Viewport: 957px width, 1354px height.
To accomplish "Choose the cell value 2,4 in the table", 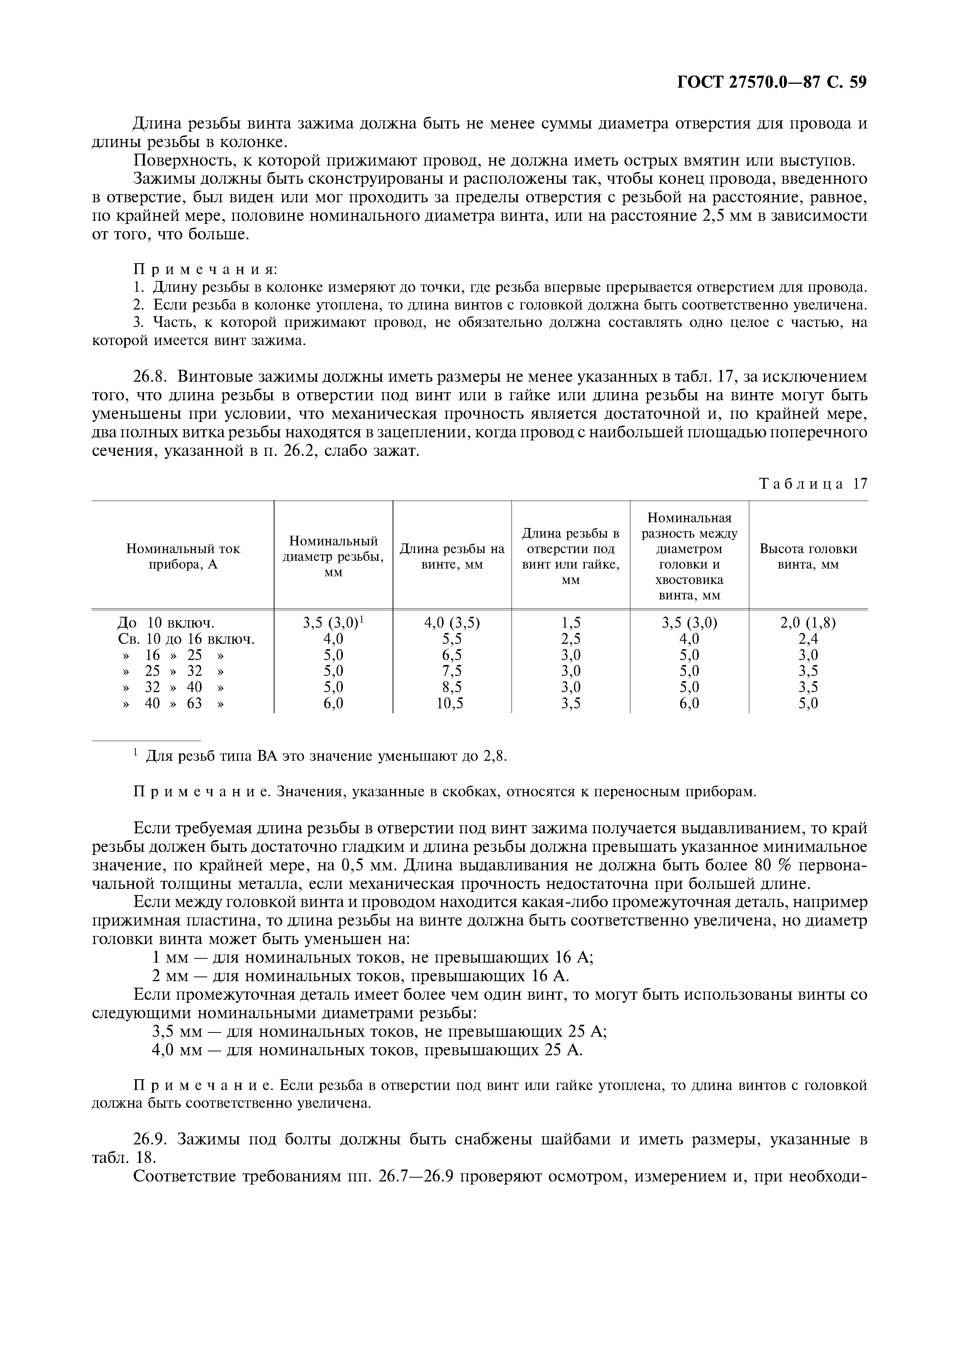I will [808, 639].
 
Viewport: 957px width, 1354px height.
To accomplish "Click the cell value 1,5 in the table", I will [570, 623].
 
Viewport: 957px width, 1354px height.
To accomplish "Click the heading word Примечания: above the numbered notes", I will [205, 269].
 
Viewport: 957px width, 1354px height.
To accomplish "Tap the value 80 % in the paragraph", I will [772, 865].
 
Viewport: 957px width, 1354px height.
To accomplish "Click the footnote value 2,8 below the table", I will [495, 756].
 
